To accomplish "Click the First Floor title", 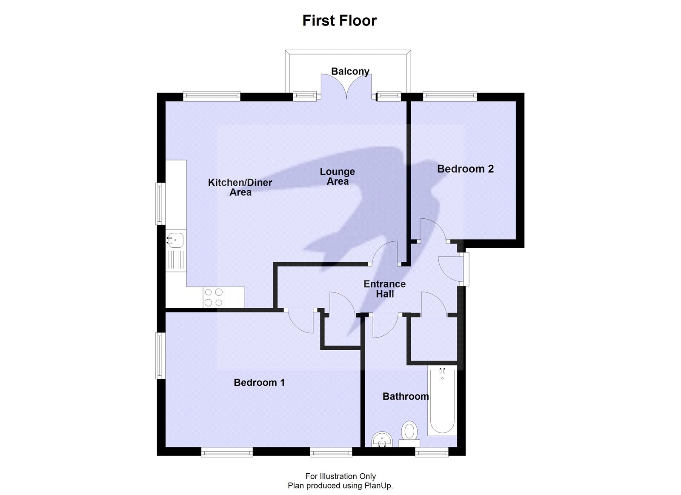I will tap(339, 20).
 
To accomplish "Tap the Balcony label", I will tap(350, 71).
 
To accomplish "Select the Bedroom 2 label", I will tap(465, 169).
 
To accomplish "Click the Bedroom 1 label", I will tap(259, 383).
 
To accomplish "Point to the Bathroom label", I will tap(405, 396).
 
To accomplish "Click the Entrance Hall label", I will tap(384, 289).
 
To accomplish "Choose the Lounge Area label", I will tap(337, 176).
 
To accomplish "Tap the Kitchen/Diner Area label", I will tap(240, 187).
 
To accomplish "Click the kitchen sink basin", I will tap(175, 240).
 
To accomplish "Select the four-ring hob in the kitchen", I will tap(214, 297).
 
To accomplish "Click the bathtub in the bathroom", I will tap(442, 402).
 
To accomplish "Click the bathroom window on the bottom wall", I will tap(432, 453).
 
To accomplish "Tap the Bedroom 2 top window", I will tap(449, 96).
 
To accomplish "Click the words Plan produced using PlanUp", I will tap(340, 485).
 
